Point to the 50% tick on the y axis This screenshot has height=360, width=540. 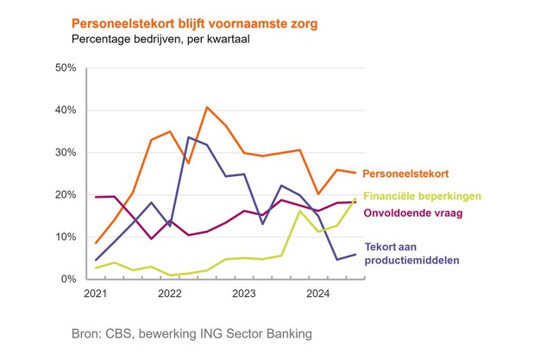point(66,67)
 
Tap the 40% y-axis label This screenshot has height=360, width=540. point(66,111)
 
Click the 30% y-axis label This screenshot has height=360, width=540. point(66,153)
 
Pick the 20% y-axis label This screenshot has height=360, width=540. point(66,195)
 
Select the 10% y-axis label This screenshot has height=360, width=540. point(66,237)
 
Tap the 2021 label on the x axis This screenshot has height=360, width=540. point(96,294)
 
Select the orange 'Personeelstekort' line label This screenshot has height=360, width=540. point(404,174)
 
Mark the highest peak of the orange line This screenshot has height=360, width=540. point(208,107)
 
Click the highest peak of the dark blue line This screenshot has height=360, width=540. point(190,137)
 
